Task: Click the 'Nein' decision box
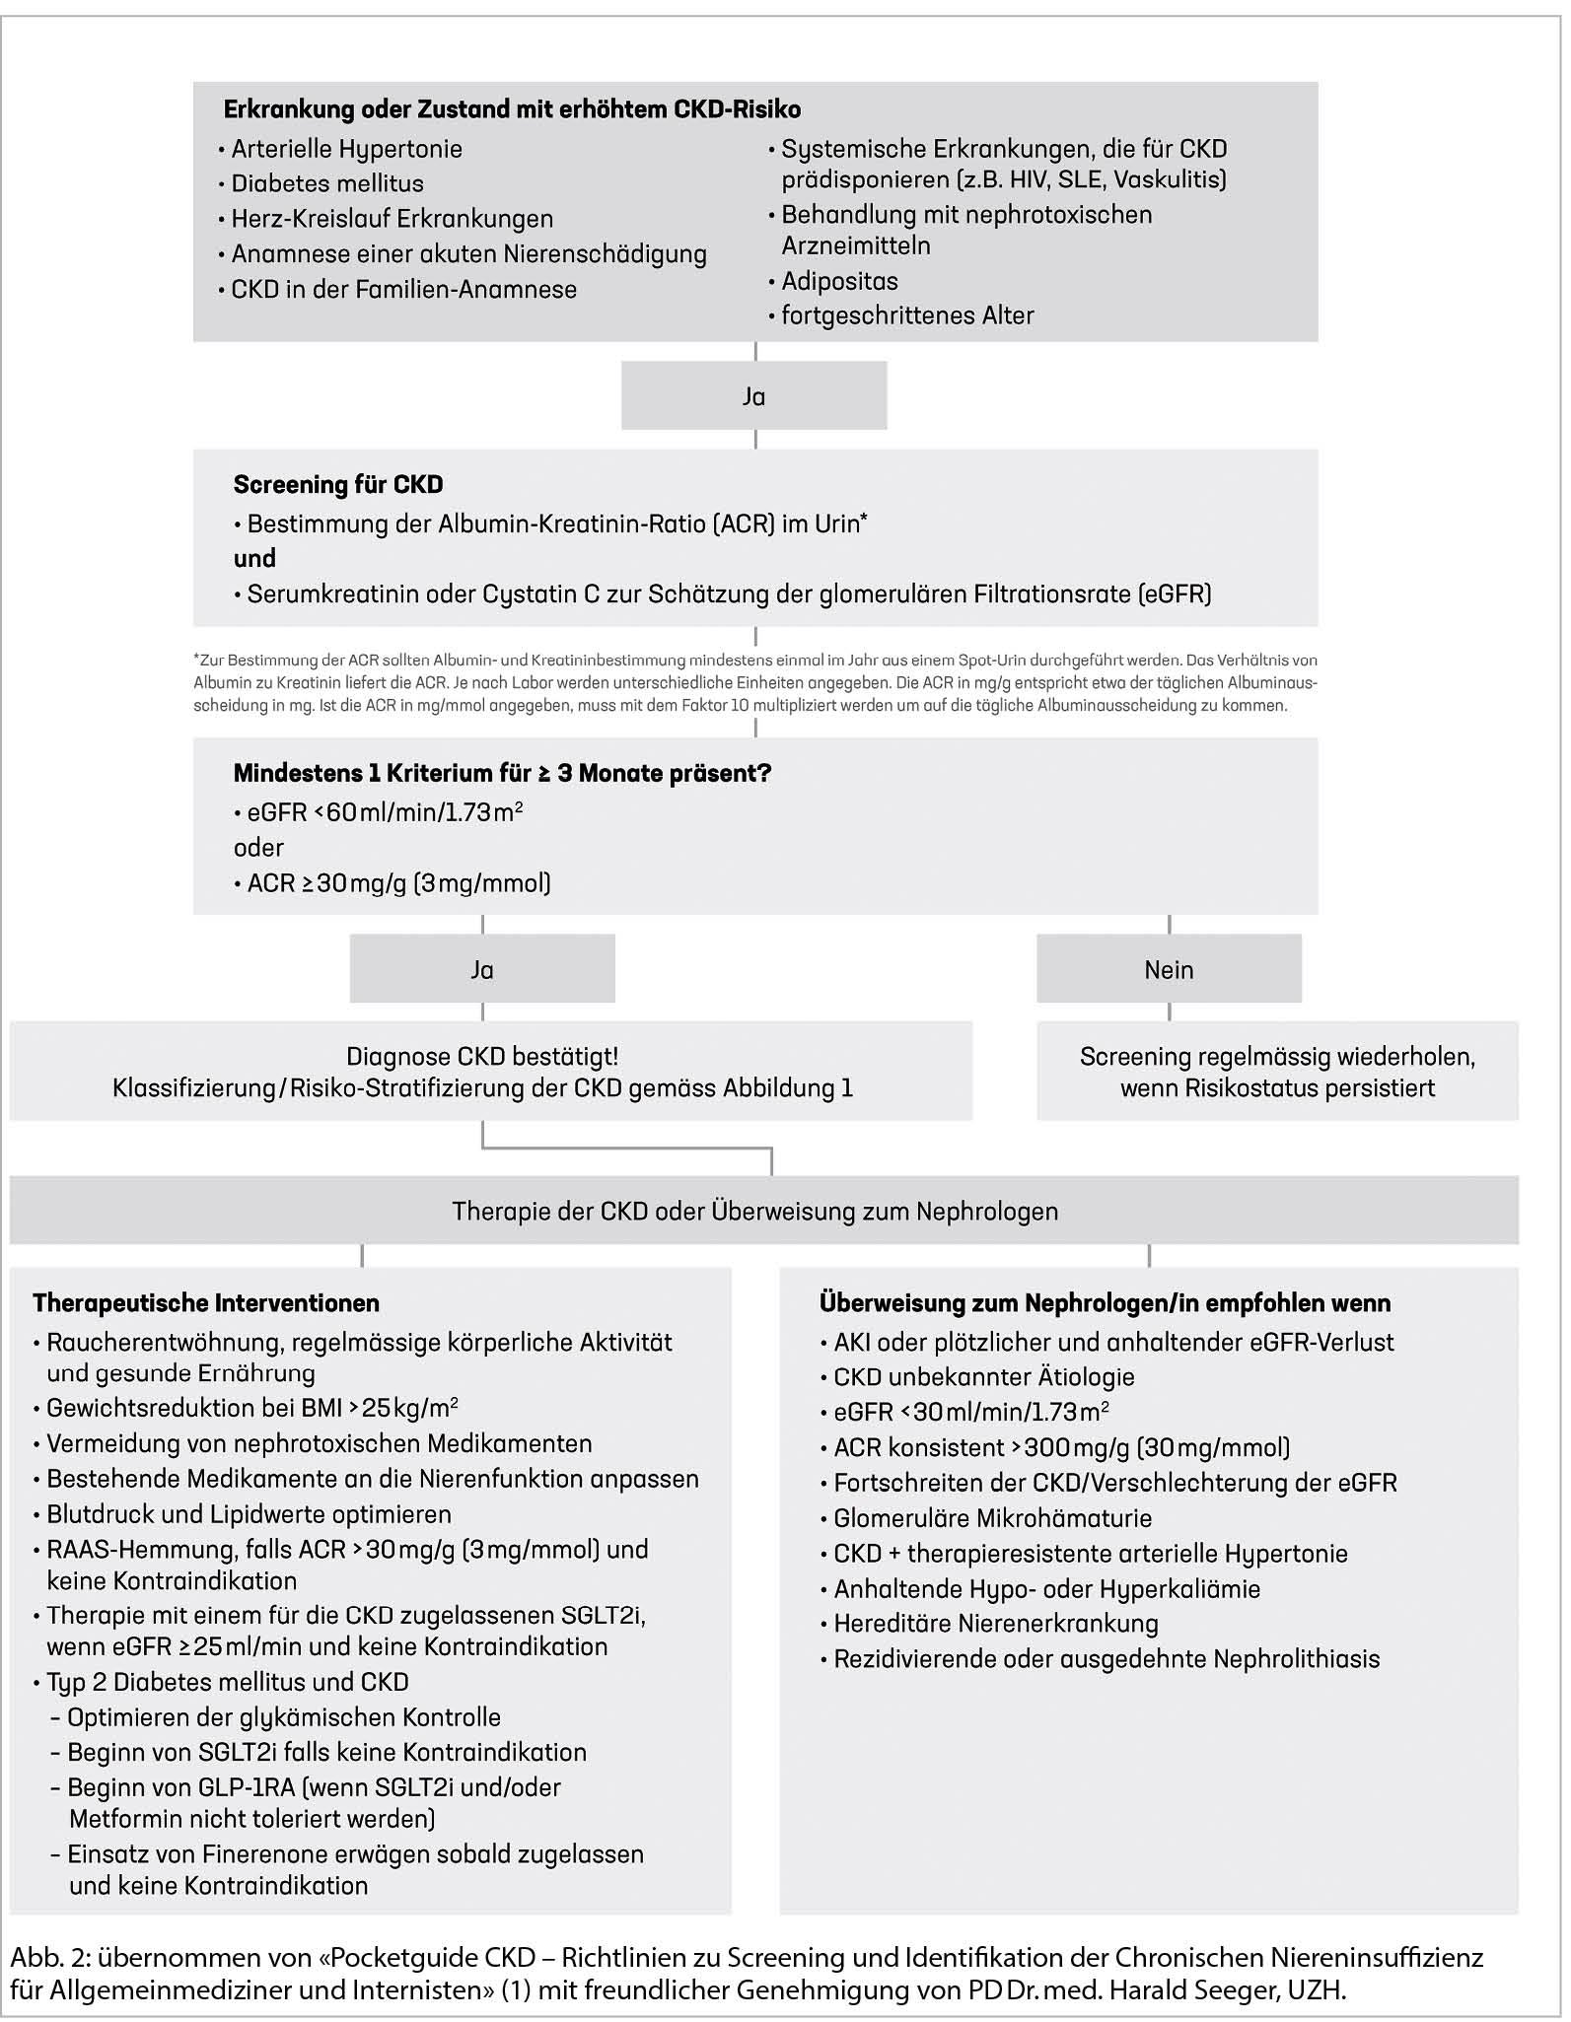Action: tap(1169, 970)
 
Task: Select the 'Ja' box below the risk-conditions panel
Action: tap(753, 396)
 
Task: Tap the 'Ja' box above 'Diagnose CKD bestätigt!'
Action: tap(482, 970)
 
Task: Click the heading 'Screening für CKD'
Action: tap(338, 485)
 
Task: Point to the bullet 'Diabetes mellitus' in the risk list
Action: tap(327, 184)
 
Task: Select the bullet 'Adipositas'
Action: tap(839, 282)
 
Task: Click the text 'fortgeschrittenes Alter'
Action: tap(907, 316)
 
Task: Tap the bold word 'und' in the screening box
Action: tap(254, 559)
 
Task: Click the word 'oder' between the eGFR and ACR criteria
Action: tap(258, 848)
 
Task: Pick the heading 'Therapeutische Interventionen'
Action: tap(206, 1303)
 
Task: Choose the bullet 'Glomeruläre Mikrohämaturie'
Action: tap(992, 1518)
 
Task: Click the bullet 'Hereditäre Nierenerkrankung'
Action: tap(996, 1624)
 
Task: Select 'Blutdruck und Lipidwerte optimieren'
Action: tap(249, 1514)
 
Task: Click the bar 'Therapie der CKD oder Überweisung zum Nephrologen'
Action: tap(755, 1212)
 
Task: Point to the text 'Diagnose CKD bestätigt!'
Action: tap(482, 1057)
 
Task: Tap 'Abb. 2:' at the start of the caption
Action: tap(49, 1958)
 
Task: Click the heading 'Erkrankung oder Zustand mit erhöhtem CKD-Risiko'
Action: tap(512, 109)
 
